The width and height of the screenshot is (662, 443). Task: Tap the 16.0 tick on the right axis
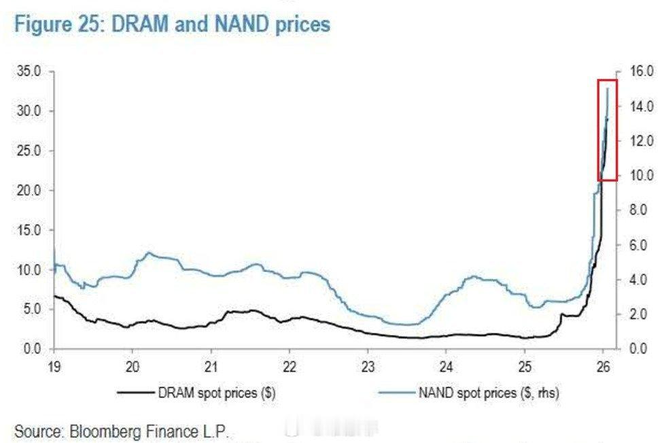(x=633, y=71)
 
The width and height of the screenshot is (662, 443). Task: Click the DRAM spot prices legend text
(x=216, y=393)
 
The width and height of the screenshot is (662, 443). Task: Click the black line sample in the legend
(x=135, y=393)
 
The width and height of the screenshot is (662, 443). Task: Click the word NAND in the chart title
(x=239, y=25)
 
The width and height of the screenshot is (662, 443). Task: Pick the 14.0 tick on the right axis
(x=633, y=106)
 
